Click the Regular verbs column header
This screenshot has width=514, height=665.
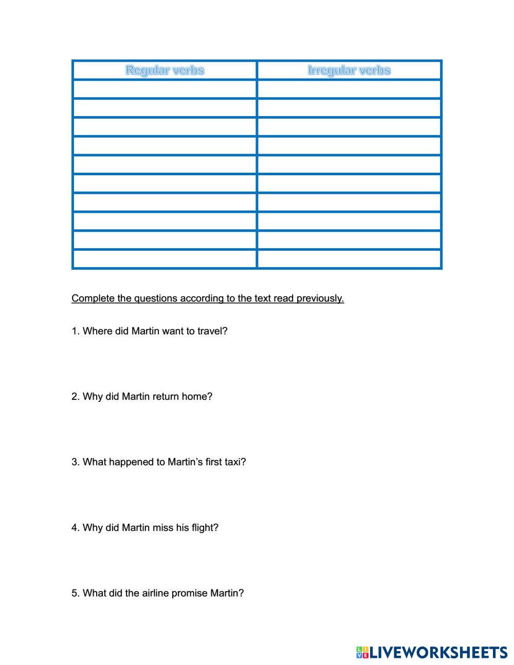coord(164,70)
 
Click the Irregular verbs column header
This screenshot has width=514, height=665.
coord(349,70)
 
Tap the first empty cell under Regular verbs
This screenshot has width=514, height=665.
coord(164,89)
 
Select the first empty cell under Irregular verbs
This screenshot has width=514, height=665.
coord(349,89)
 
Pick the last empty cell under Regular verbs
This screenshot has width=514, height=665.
coord(164,259)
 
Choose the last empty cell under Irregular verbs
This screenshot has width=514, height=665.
coord(349,259)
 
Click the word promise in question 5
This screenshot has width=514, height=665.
coord(189,593)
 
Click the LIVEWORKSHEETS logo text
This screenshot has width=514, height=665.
coord(438,653)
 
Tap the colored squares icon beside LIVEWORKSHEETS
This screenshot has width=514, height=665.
coord(362,653)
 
